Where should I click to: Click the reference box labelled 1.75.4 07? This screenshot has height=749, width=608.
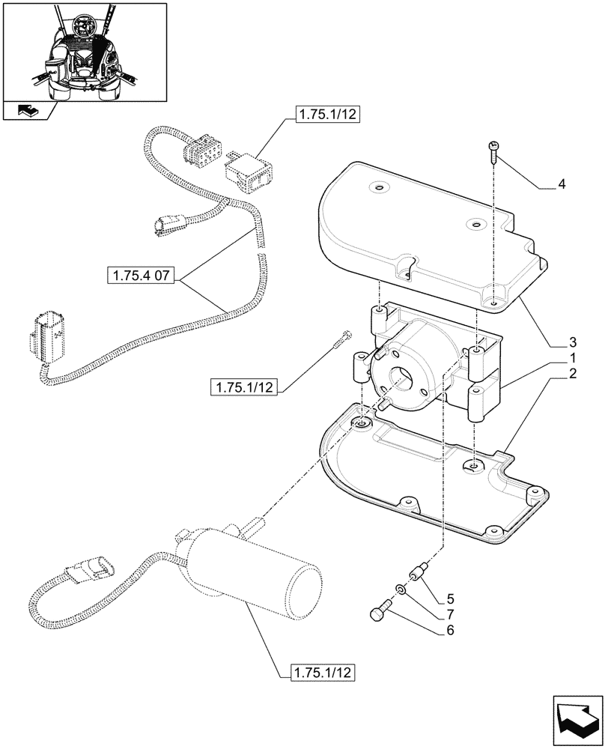coord(142,277)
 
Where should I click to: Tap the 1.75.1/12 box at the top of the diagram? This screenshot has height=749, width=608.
coord(329,115)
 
